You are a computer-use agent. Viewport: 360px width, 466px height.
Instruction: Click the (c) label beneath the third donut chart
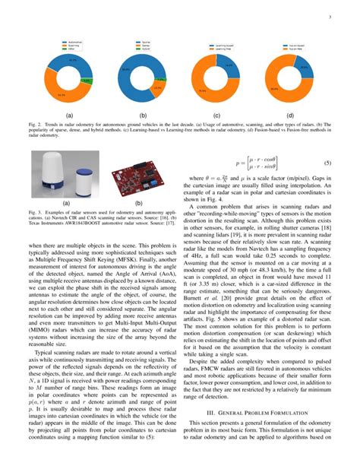216,116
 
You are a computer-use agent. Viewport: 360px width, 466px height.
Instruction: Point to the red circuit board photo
138,176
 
